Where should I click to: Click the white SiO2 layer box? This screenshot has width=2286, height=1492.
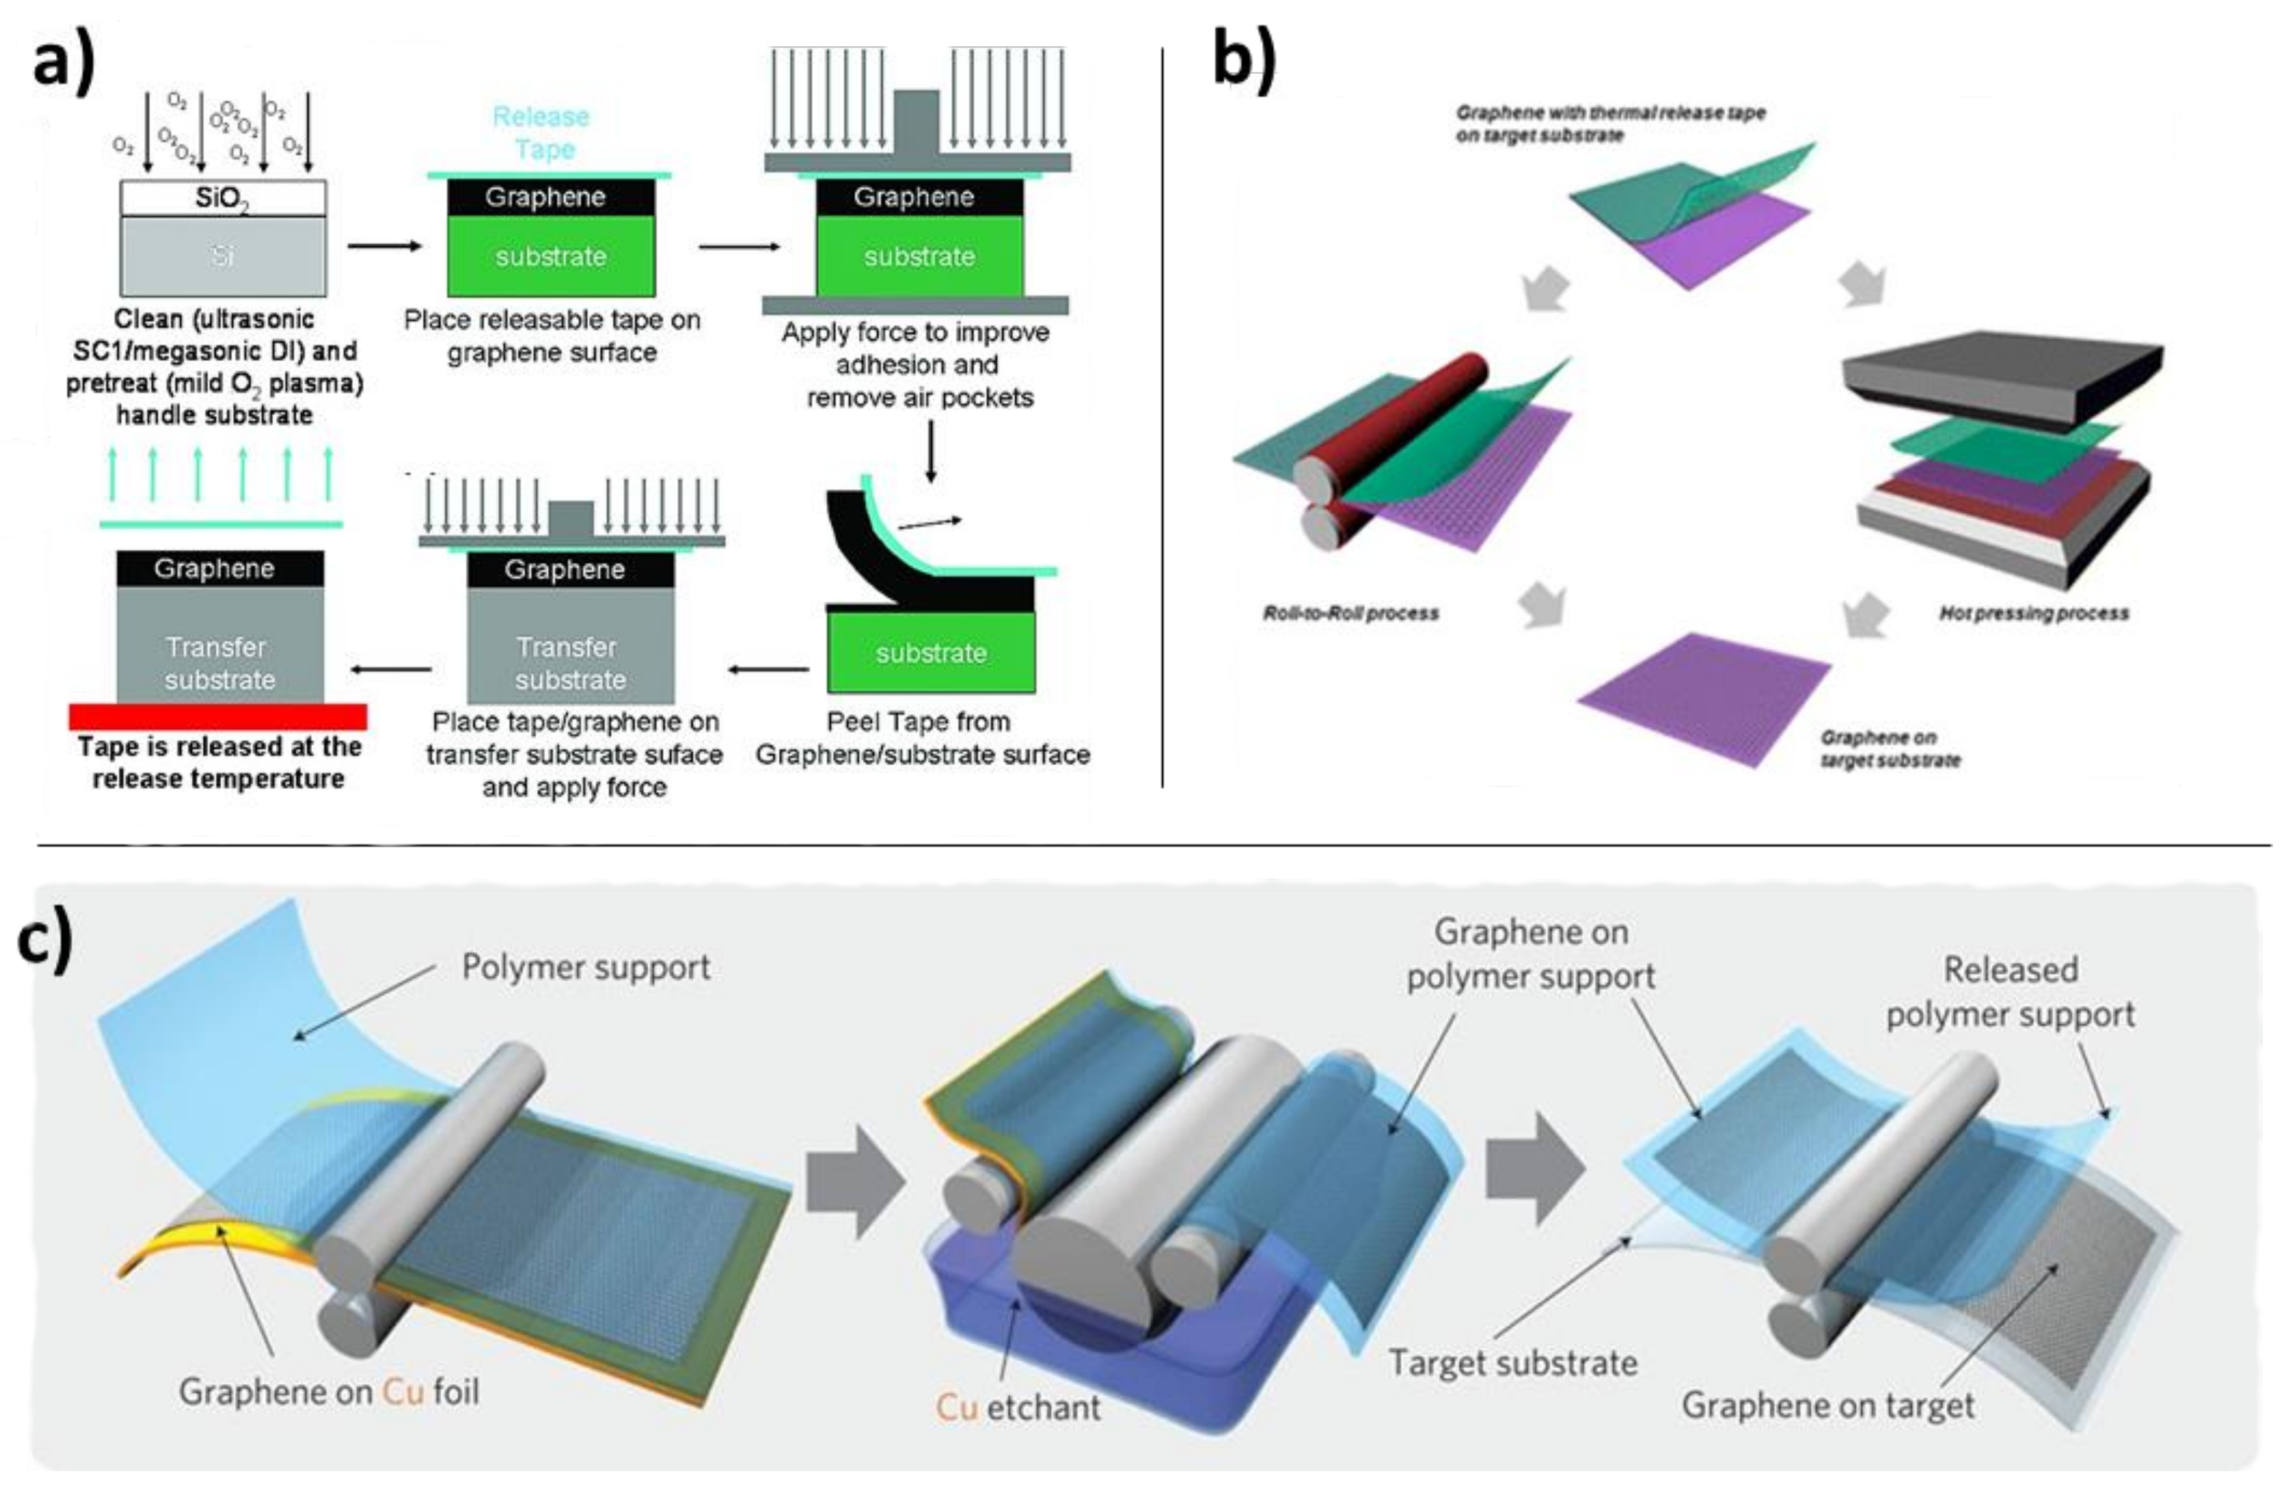[x=223, y=199]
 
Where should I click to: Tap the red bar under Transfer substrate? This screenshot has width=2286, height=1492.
[x=218, y=716]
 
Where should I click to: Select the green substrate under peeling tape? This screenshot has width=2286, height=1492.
[x=931, y=653]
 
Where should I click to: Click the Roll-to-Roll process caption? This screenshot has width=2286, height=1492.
[x=1350, y=613]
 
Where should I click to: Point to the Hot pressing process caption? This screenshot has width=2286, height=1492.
[x=2033, y=613]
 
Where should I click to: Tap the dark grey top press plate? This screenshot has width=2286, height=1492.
[x=2002, y=375]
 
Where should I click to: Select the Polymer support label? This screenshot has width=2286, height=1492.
[x=586, y=967]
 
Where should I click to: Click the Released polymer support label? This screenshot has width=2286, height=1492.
[x=2010, y=992]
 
